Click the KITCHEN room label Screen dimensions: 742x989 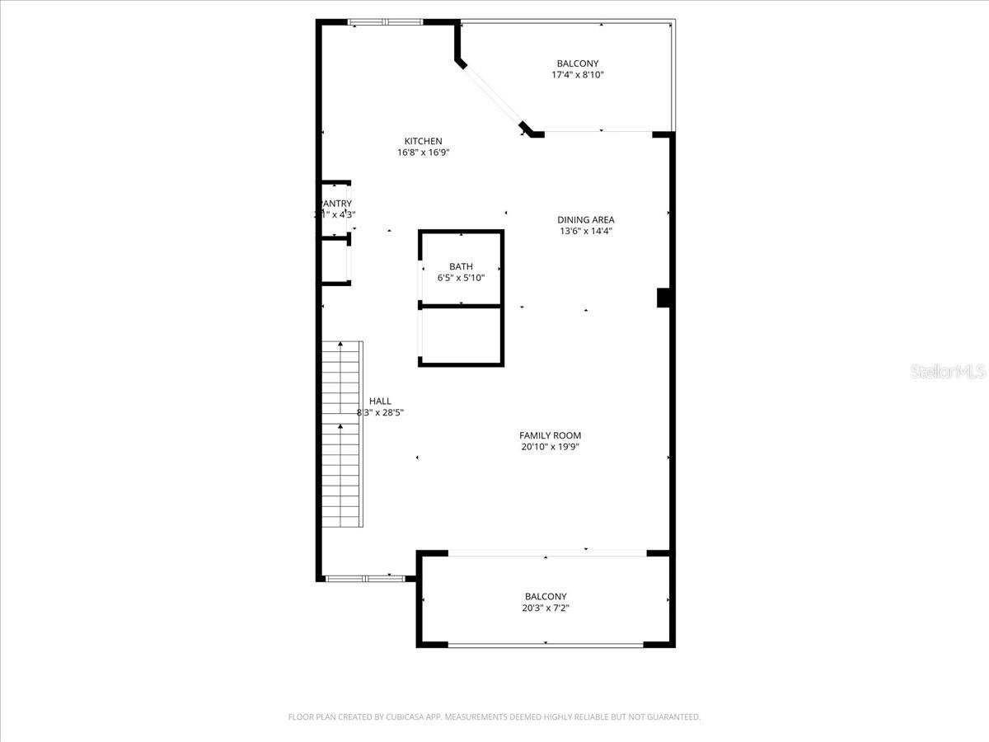(x=423, y=141)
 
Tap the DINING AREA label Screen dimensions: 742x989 (x=585, y=220)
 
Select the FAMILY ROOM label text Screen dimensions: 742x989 (x=550, y=435)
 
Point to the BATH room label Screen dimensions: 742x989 (x=461, y=266)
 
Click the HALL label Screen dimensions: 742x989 (x=380, y=402)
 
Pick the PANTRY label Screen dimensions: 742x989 (x=335, y=204)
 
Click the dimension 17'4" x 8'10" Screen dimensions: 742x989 (x=578, y=75)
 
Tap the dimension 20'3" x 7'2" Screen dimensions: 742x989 (x=546, y=608)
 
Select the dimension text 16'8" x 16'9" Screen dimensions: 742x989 (x=423, y=153)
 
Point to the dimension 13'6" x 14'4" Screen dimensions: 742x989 (x=585, y=231)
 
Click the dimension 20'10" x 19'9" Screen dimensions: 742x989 (x=550, y=447)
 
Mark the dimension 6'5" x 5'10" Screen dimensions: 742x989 (x=461, y=278)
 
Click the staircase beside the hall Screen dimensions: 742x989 (x=341, y=433)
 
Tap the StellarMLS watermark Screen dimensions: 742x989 (x=948, y=373)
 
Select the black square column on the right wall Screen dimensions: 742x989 (x=663, y=298)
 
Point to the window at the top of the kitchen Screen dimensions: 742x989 (x=385, y=22)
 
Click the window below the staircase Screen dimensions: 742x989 (x=365, y=579)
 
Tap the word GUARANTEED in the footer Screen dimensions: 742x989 (x=670, y=717)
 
